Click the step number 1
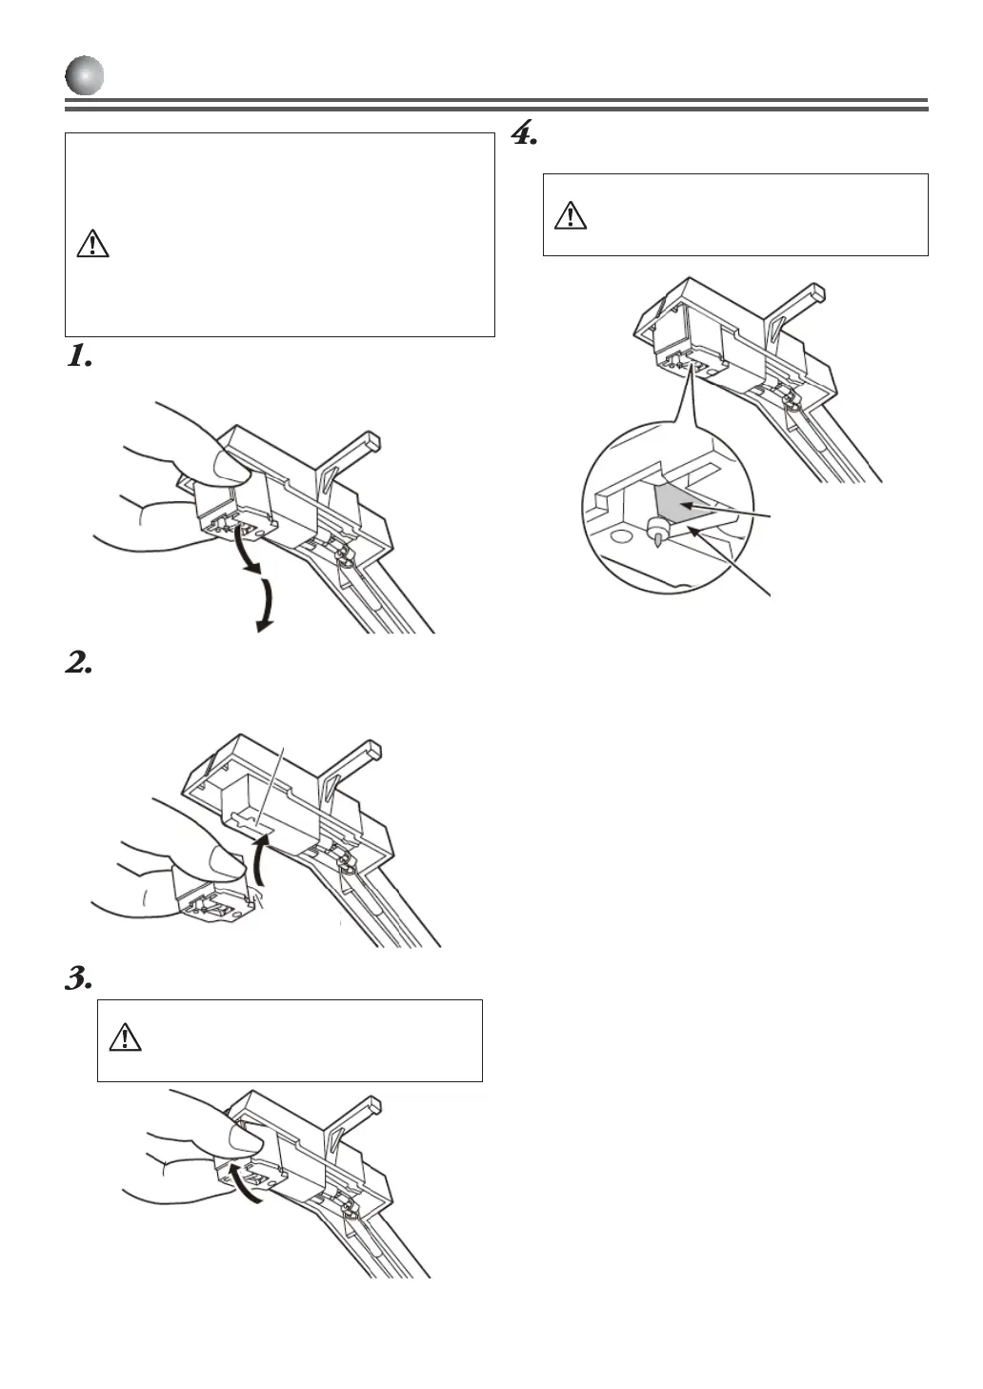[78, 357]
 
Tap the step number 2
[78, 664]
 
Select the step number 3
[78, 978]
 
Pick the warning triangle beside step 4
[570, 215]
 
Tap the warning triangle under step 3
[125, 1037]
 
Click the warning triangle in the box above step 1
[92, 244]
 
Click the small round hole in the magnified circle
[620, 536]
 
